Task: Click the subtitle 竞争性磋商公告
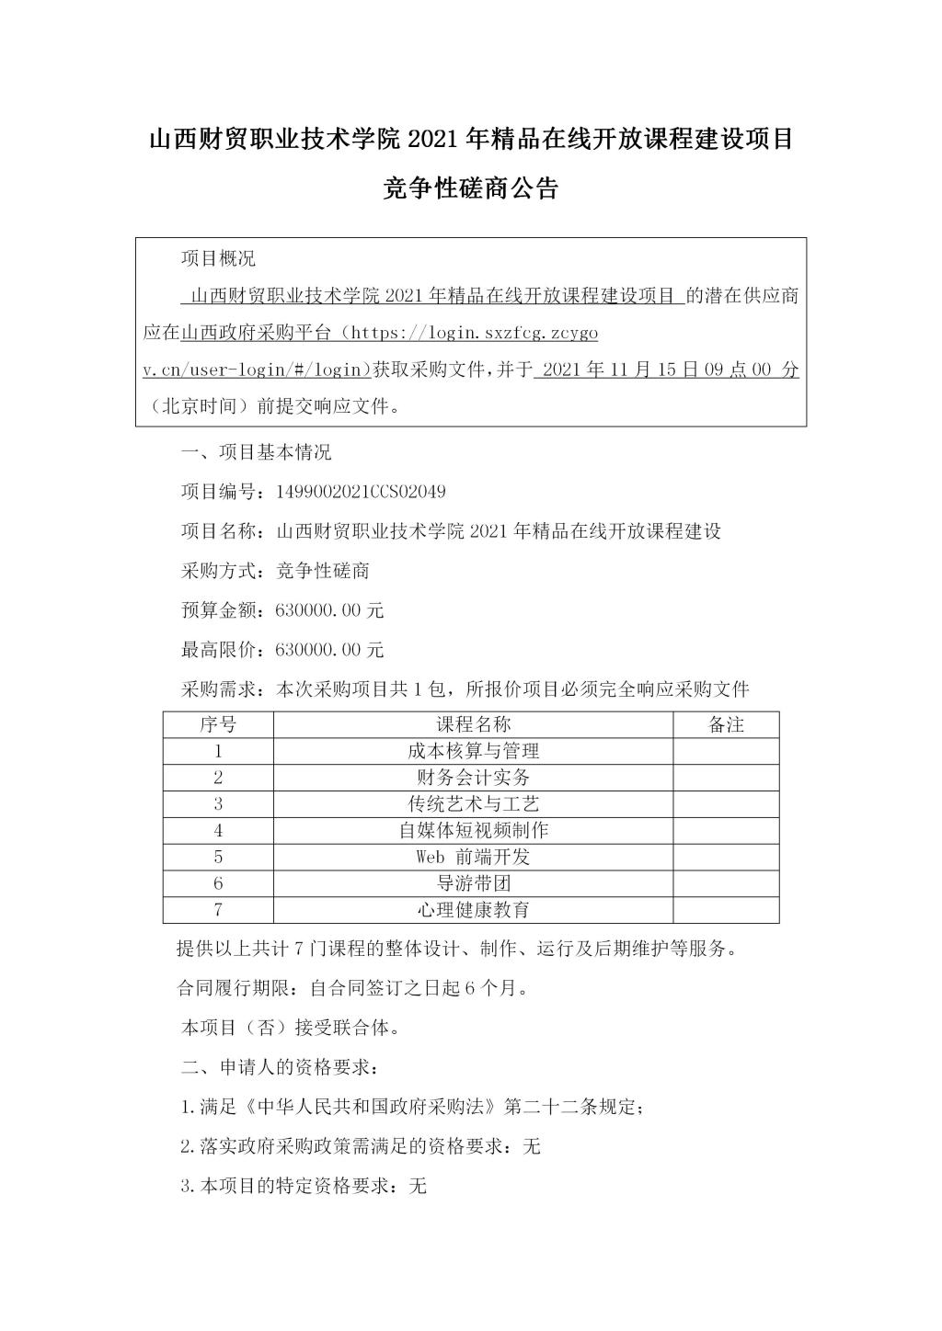tap(471, 189)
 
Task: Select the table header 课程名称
tap(473, 724)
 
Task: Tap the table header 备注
tap(726, 724)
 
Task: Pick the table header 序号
tap(218, 724)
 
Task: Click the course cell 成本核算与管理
tap(473, 751)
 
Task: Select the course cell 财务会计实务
tap(473, 778)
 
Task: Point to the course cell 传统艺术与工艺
tap(473, 804)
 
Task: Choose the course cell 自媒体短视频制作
tap(473, 830)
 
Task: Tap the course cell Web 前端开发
tap(473, 857)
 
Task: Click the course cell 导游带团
tap(473, 883)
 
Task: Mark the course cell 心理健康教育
tap(473, 910)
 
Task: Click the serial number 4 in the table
tap(218, 830)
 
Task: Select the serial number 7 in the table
tap(218, 910)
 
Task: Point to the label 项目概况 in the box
tap(218, 259)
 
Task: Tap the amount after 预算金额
tap(329, 610)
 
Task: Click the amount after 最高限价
tap(329, 650)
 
